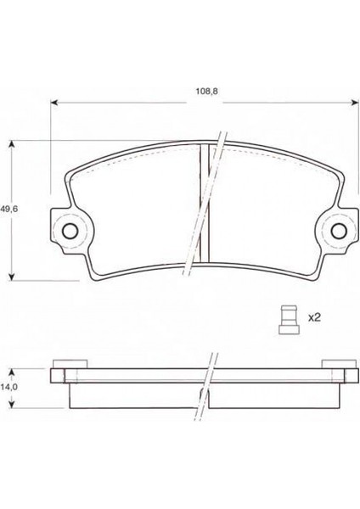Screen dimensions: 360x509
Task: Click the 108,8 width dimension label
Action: tap(206, 92)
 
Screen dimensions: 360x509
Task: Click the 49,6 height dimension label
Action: tap(9, 209)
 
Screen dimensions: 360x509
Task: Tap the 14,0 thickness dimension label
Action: tap(8, 387)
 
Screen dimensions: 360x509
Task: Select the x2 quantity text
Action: tap(314, 317)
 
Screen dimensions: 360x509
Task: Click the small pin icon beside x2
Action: tap(289, 320)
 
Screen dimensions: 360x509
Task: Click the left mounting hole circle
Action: tap(70, 231)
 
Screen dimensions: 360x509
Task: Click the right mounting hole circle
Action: tap(339, 231)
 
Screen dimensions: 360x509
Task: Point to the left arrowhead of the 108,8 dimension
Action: tap(54, 103)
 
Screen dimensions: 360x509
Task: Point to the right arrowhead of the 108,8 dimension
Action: tap(355, 103)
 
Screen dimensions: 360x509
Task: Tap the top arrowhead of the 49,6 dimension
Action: tap(12, 144)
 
